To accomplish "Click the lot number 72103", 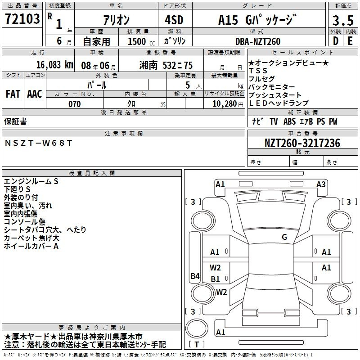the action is [22, 18].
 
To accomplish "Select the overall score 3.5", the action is [343, 20].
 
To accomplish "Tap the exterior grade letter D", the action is [336, 41].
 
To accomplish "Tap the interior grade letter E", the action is [350, 41].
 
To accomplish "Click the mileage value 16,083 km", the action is [55, 65].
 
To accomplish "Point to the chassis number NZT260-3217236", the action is [302, 143].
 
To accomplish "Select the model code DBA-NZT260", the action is [258, 41].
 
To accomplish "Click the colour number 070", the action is [75, 104].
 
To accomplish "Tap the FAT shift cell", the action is [13, 94].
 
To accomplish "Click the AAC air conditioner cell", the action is [35, 94].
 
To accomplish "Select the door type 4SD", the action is [174, 20].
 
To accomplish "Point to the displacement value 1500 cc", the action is [141, 41].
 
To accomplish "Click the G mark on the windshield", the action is [284, 237].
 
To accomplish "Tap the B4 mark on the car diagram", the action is [195, 276].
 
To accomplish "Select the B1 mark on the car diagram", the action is [215, 279].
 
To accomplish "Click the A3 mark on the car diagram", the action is [321, 184].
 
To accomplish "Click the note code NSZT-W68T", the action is [38, 143].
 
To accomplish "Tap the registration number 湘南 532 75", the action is [166, 65].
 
